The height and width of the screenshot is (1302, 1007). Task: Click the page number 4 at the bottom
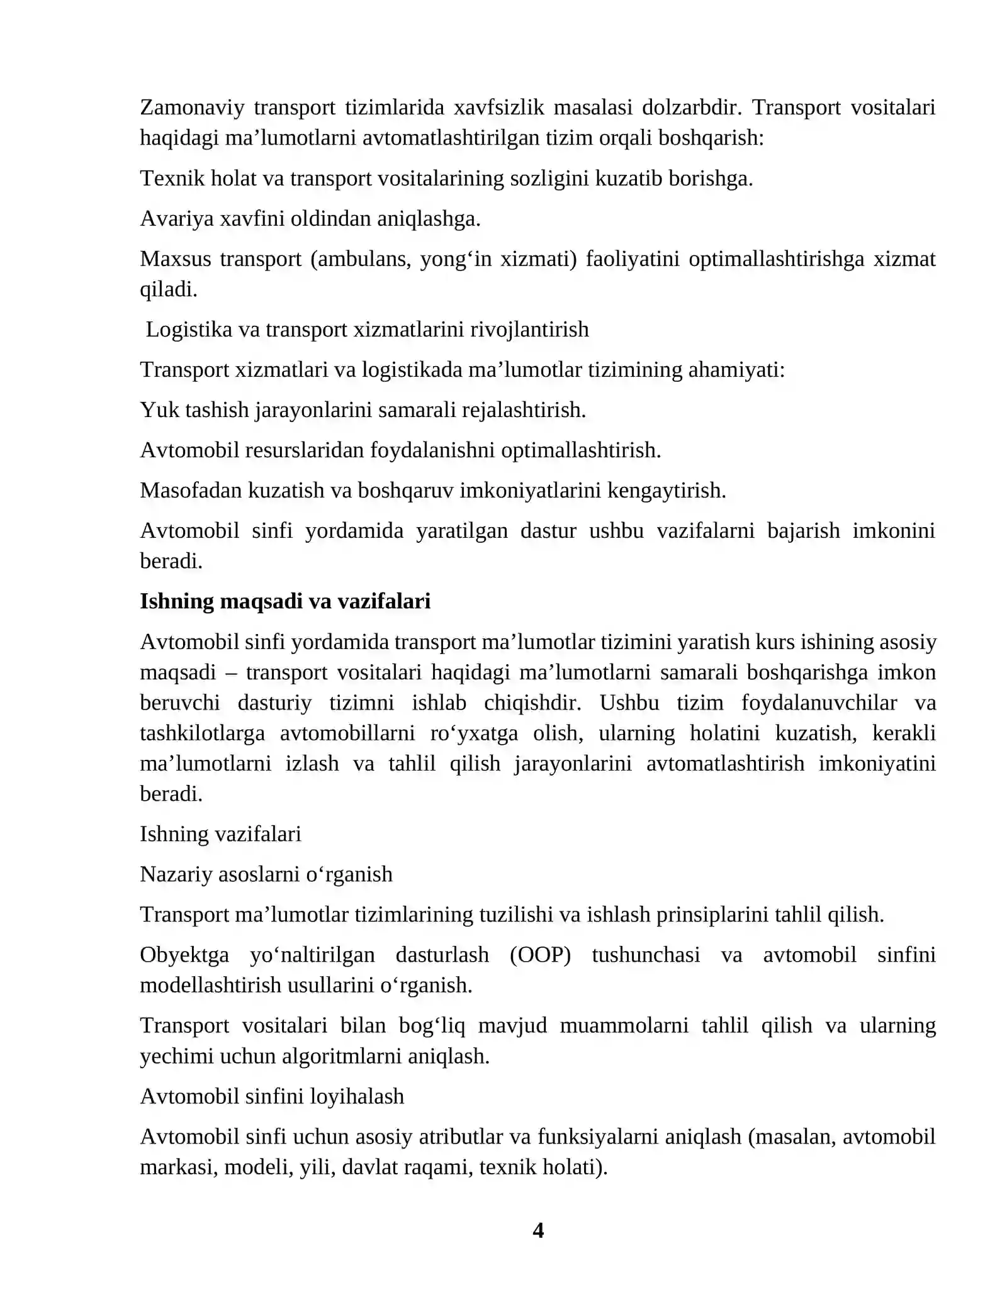coord(537,1230)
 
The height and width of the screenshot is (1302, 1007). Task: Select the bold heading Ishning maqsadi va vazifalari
coord(285,601)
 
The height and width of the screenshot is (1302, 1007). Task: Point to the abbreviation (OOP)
coord(540,955)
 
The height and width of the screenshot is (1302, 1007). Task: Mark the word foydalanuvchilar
coord(819,703)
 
